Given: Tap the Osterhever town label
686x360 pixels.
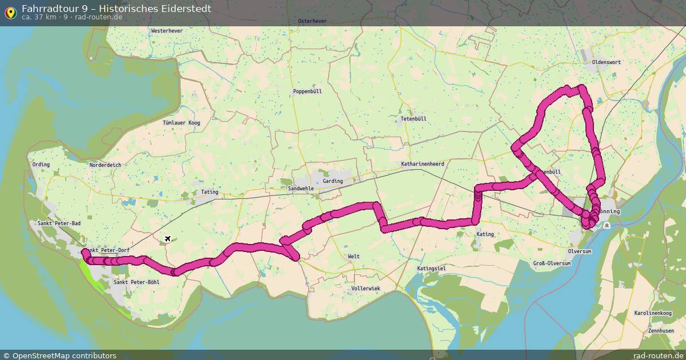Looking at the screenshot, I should [312, 21].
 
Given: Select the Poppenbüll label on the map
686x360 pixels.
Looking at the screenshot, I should [308, 91].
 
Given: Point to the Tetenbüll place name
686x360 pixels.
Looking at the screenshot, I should [413, 119].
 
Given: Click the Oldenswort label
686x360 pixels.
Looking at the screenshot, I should [606, 62].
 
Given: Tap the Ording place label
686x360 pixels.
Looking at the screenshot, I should [41, 165].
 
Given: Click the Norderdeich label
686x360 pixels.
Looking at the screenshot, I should [105, 165].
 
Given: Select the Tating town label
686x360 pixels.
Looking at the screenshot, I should [210, 192].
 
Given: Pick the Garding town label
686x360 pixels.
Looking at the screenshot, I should [333, 181].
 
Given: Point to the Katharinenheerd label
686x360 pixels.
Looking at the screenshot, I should [422, 164].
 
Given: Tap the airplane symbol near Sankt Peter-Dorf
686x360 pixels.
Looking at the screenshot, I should [167, 238].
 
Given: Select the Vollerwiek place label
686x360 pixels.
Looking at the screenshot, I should [366, 289].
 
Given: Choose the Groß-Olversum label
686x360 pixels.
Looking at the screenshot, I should [552, 263].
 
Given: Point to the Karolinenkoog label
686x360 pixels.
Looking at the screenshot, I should [652, 313].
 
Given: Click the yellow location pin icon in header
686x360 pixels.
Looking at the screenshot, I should [10, 12].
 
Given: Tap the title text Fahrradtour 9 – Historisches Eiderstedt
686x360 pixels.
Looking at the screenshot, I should [116, 9].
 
